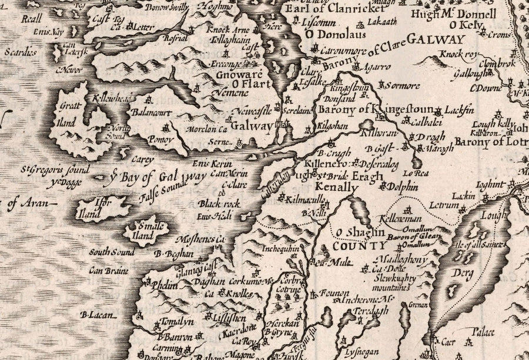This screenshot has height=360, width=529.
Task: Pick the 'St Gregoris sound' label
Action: click(56, 171)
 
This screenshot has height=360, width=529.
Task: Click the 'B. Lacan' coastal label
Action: click(96, 315)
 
